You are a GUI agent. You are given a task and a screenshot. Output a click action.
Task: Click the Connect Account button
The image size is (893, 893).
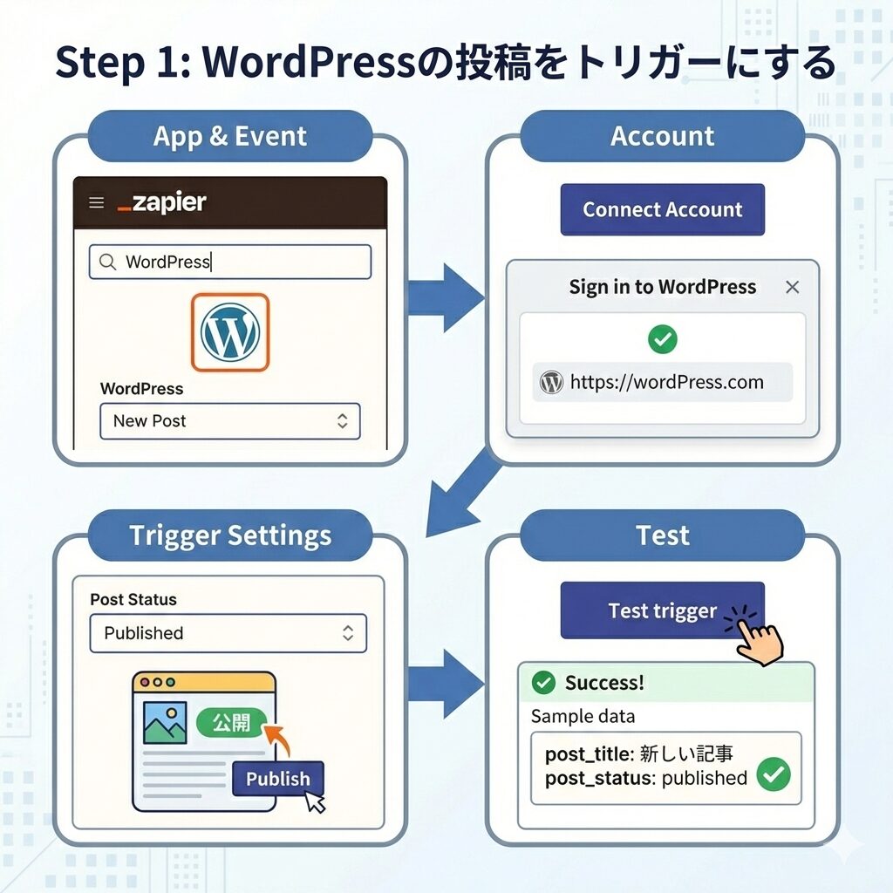[662, 209]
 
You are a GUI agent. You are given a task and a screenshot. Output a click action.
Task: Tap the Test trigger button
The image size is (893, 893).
[662, 610]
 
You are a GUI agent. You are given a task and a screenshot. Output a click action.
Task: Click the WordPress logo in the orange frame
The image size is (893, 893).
[229, 332]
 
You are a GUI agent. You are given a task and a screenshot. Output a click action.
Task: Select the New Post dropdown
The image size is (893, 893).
[229, 421]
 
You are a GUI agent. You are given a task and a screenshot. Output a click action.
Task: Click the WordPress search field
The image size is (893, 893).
[229, 262]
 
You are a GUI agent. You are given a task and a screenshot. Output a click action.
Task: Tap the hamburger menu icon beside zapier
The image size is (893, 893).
[97, 203]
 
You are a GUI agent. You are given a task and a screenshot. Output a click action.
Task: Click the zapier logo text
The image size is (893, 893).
[161, 203]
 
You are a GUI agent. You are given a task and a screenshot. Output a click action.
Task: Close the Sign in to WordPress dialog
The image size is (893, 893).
[792, 288]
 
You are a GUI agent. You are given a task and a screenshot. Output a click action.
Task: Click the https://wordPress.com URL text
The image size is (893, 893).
[666, 382]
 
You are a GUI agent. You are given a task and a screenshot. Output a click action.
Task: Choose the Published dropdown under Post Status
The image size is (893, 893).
[228, 633]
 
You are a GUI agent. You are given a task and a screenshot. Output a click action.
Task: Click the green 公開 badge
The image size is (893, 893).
[230, 723]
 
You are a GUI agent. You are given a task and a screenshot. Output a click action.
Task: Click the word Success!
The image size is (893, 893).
[604, 682]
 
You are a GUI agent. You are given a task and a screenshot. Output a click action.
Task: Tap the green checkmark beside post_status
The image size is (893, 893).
[773, 774]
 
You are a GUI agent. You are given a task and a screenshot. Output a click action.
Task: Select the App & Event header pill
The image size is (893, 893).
[230, 136]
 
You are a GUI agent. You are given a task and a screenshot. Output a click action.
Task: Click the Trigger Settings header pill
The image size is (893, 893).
[230, 535]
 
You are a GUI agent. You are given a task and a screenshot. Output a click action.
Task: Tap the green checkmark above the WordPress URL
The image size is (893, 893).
[663, 339]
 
